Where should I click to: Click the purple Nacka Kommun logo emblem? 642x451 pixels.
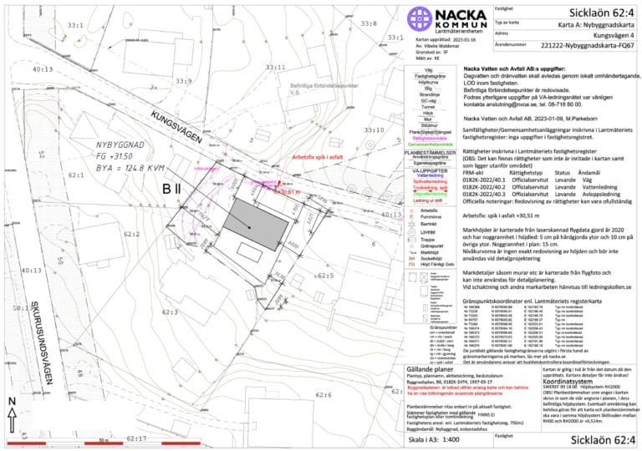click(418, 18)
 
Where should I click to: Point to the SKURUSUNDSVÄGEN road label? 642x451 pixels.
click(50, 297)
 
